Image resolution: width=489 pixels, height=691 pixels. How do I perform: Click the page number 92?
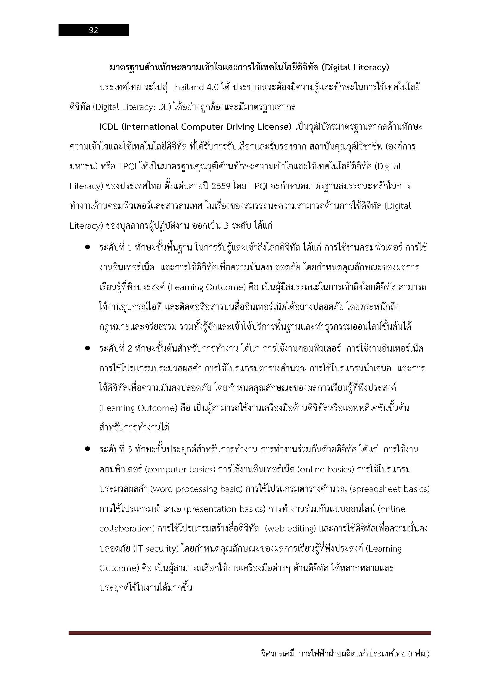point(93,30)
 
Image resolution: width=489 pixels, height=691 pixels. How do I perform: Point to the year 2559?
point(223,186)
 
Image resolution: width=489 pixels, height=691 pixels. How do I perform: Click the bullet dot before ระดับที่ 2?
point(88,348)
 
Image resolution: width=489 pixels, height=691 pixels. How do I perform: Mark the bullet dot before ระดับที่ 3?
point(88,449)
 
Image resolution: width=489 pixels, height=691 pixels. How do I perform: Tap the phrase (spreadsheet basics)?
point(390,489)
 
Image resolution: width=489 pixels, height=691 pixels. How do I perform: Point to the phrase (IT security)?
point(156,549)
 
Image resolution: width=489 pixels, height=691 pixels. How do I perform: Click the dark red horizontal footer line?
point(250,633)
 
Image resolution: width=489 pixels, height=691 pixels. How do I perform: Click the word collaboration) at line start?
point(127,529)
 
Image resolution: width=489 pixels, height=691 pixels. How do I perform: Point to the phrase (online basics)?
point(325,469)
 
